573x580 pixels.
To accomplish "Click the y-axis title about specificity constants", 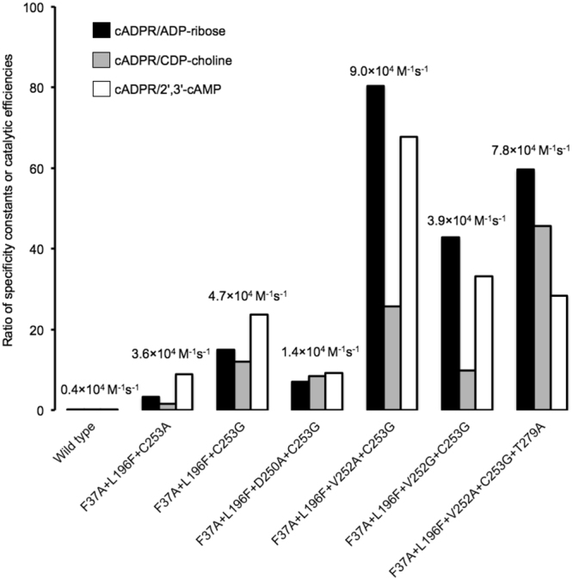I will tap(10, 209).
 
